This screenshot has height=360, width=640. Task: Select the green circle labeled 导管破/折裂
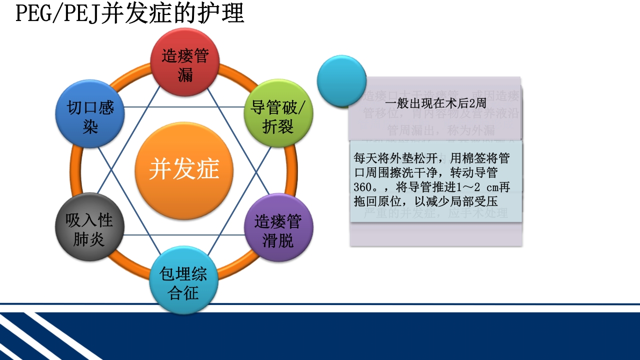click(278, 113)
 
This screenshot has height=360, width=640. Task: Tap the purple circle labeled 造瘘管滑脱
click(278, 227)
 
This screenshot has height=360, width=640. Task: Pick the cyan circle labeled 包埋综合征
click(184, 280)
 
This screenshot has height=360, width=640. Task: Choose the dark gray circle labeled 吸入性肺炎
click(89, 227)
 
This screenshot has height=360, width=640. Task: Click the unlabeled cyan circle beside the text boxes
click(342, 80)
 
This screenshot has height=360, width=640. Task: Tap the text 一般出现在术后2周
click(435, 103)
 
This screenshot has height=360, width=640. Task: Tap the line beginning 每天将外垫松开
click(431, 158)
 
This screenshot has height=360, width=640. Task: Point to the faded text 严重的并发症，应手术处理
click(435, 213)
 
